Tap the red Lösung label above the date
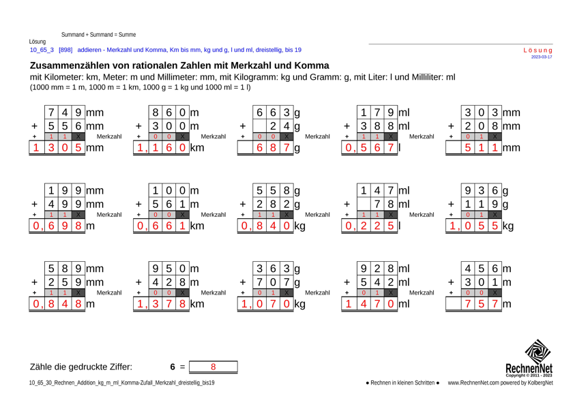pos(537,50)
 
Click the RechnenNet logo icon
pos(537,355)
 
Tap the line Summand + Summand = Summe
pos(98,33)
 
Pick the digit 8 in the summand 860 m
pos(157,110)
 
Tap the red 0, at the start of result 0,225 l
pos(350,225)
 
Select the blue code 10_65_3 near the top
pos(42,50)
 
